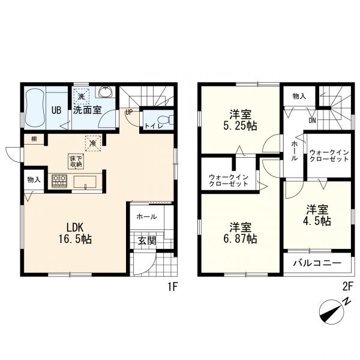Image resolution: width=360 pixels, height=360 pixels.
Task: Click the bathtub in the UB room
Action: pyautogui.click(x=37, y=109)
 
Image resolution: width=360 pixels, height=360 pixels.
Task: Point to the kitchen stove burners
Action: pyautogui.click(x=59, y=181)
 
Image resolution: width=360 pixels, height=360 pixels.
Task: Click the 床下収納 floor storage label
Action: pyautogui.click(x=75, y=161)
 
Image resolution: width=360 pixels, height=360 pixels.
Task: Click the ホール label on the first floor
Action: pyautogui.click(x=146, y=217)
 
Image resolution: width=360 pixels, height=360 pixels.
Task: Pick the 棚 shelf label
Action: pyautogui.click(x=34, y=139)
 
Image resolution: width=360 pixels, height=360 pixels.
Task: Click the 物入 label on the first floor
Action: pyautogui.click(x=34, y=179)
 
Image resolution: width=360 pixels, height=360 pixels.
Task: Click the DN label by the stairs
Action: pyautogui.click(x=311, y=120)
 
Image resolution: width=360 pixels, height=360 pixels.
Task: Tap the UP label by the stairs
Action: pyautogui.click(x=129, y=112)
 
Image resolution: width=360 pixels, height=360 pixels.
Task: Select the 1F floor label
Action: pyautogui.click(x=172, y=287)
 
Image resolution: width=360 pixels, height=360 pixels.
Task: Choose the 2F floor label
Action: pyautogui.click(x=347, y=287)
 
